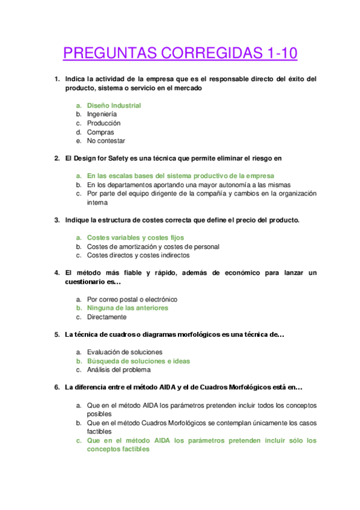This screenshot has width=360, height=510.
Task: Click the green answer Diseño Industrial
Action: tap(114, 105)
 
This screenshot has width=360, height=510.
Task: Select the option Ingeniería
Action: tap(102, 114)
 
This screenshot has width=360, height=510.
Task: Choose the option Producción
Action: tap(103, 123)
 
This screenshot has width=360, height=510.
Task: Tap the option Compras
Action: tap(100, 132)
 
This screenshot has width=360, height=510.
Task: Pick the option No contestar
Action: tap(106, 141)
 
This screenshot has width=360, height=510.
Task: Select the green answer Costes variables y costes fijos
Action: tap(135, 238)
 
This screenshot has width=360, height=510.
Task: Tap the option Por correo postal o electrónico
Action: tap(132, 299)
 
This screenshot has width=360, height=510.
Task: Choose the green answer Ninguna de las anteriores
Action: tap(127, 308)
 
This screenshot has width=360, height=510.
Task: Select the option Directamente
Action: tap(106, 317)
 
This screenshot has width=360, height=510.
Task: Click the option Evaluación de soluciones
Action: tap(124, 352)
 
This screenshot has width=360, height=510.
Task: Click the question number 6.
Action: tap(56, 387)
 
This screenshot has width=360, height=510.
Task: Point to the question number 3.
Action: tap(56, 220)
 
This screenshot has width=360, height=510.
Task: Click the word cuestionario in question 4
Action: tap(85, 281)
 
